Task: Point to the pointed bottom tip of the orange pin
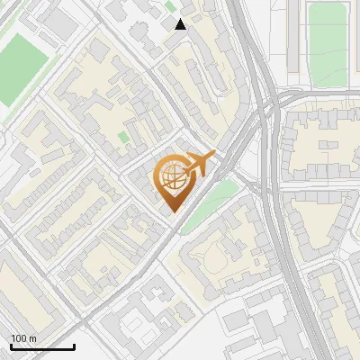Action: point(172,212)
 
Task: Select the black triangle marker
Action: point(181,23)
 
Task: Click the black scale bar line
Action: point(42,346)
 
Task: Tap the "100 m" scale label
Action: point(24,338)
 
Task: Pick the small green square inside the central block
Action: point(123,138)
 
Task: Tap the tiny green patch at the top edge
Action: point(170,4)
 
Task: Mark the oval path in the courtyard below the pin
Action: point(217,261)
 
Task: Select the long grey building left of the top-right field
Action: point(300,40)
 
